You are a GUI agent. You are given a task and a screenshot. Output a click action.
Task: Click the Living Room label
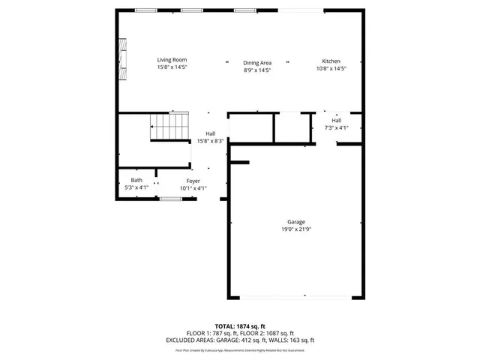(172, 60)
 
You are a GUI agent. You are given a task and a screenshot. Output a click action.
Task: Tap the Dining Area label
(256, 63)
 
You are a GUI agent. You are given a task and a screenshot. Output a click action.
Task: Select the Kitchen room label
(331, 61)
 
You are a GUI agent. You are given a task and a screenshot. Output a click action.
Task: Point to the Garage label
(295, 222)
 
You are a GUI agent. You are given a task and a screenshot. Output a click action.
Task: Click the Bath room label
(136, 180)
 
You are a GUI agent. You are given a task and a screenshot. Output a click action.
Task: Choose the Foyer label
(193, 181)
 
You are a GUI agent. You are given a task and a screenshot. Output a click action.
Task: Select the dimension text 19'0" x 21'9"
(295, 229)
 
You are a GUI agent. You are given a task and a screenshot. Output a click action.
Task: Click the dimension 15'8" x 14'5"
(172, 67)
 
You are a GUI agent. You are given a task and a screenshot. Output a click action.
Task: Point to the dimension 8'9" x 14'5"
(256, 70)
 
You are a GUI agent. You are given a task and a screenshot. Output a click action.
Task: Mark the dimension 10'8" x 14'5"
(331, 68)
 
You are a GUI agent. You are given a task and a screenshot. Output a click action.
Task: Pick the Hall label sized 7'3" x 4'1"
(337, 120)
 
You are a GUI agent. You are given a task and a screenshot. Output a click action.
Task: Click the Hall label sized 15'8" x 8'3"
(211, 133)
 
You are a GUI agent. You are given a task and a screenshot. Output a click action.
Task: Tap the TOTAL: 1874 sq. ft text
(240, 326)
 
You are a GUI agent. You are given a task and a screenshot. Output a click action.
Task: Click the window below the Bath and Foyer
(170, 199)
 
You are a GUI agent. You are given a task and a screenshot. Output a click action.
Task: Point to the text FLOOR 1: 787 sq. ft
(213, 333)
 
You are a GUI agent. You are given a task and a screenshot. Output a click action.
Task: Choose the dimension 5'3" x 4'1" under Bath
(136, 187)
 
